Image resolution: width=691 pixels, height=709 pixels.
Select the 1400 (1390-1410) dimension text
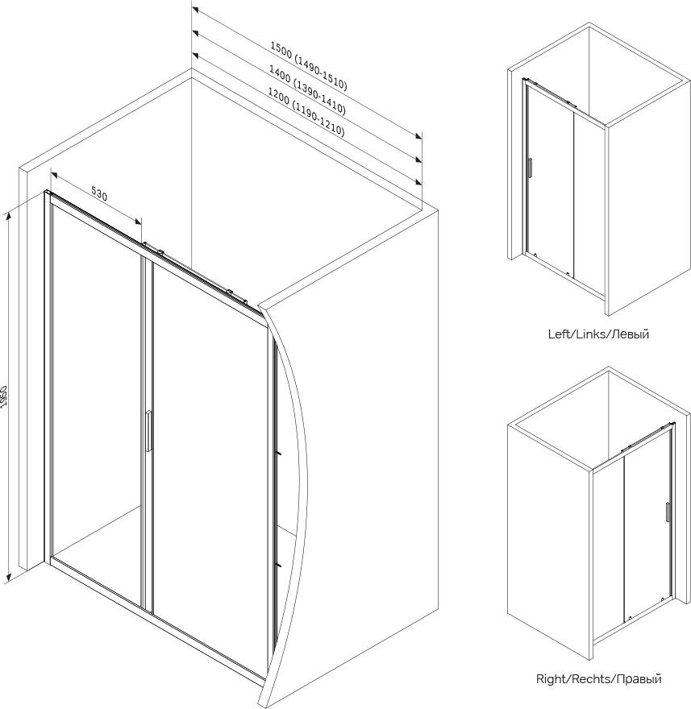(307, 91)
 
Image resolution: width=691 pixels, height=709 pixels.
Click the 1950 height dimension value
(5, 396)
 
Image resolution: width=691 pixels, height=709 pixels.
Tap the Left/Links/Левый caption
(598, 334)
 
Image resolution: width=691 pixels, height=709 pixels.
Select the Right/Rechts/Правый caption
(598, 679)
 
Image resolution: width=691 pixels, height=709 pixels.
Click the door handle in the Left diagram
(530, 167)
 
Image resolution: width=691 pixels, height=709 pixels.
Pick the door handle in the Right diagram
(668, 513)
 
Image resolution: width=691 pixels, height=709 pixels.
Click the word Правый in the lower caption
(639, 679)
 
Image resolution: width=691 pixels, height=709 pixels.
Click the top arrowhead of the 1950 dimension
(7, 214)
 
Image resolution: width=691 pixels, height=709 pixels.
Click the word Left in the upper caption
(559, 334)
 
